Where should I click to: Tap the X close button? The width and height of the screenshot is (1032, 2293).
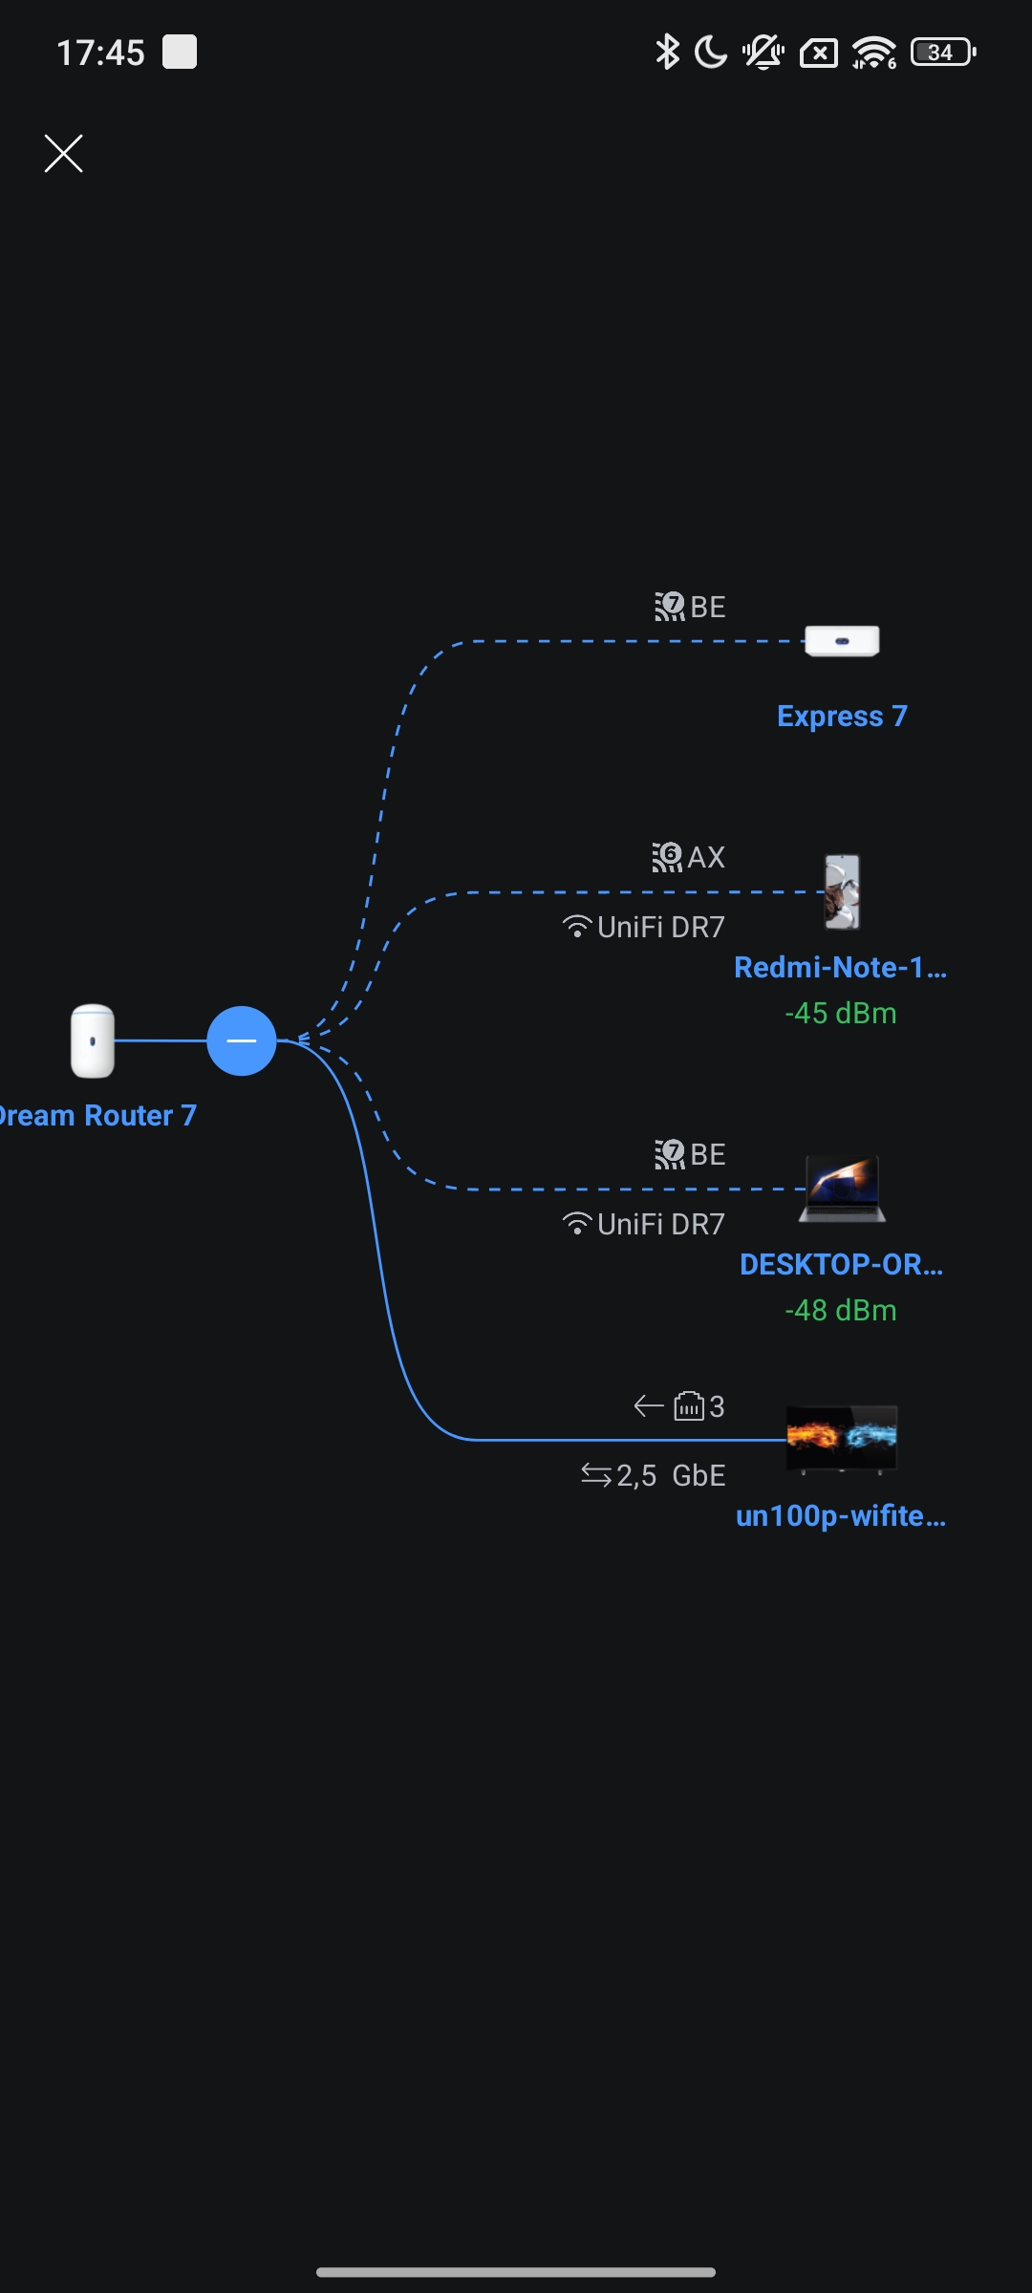pos(64,153)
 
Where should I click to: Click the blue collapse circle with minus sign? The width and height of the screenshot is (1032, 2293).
pos(242,1040)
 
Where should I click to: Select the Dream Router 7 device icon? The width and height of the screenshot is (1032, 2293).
pos(93,1040)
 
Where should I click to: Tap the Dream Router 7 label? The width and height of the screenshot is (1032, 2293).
pos(96,1115)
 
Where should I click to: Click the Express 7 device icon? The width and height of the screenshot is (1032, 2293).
pos(842,641)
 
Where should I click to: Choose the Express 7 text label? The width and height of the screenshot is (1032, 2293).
pos(842,716)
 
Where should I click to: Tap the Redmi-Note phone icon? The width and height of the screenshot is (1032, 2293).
pos(842,891)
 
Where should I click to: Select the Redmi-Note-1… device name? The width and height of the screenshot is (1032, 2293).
pos(840,967)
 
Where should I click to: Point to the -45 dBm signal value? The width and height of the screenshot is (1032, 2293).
pos(841,1013)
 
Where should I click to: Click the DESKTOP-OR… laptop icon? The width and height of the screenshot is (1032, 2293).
pos(842,1189)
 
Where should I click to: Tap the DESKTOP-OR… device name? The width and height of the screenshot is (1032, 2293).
pos(841,1264)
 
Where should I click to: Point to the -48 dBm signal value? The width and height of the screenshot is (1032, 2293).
pos(841,1310)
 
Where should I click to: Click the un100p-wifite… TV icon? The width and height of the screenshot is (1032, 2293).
pos(842,1438)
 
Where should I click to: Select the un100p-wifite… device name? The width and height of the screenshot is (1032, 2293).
pos(841,1515)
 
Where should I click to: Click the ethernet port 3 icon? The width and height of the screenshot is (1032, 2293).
pos(689,1406)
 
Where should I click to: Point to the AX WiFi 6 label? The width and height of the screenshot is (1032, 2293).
pos(689,857)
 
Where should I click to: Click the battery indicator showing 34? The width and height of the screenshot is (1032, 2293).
pos(942,52)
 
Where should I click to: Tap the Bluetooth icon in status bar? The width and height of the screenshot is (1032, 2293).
pos(667,52)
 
